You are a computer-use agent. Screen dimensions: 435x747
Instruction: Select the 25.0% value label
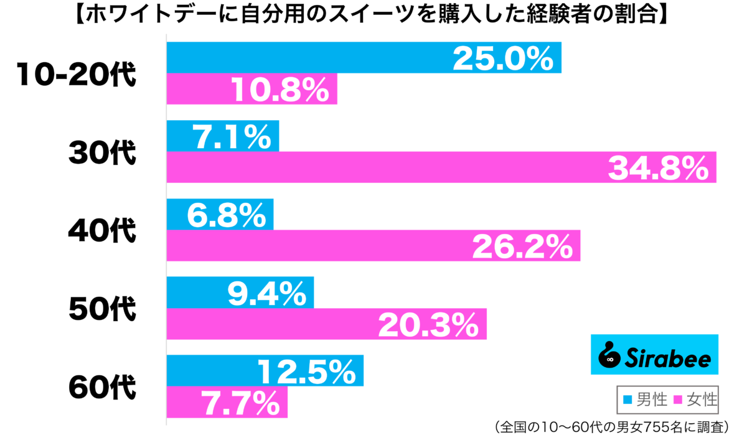502,59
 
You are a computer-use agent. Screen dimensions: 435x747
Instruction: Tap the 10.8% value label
280,90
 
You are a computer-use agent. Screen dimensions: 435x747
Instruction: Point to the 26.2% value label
522,247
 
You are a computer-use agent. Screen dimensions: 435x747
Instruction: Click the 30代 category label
101,153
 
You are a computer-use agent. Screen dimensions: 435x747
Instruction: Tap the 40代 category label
101,232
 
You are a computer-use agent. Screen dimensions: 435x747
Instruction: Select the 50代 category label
101,309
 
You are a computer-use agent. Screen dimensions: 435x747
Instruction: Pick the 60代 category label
101,388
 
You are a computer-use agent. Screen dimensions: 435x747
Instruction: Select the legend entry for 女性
694,398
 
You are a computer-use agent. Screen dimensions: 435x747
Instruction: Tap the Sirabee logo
654,355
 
